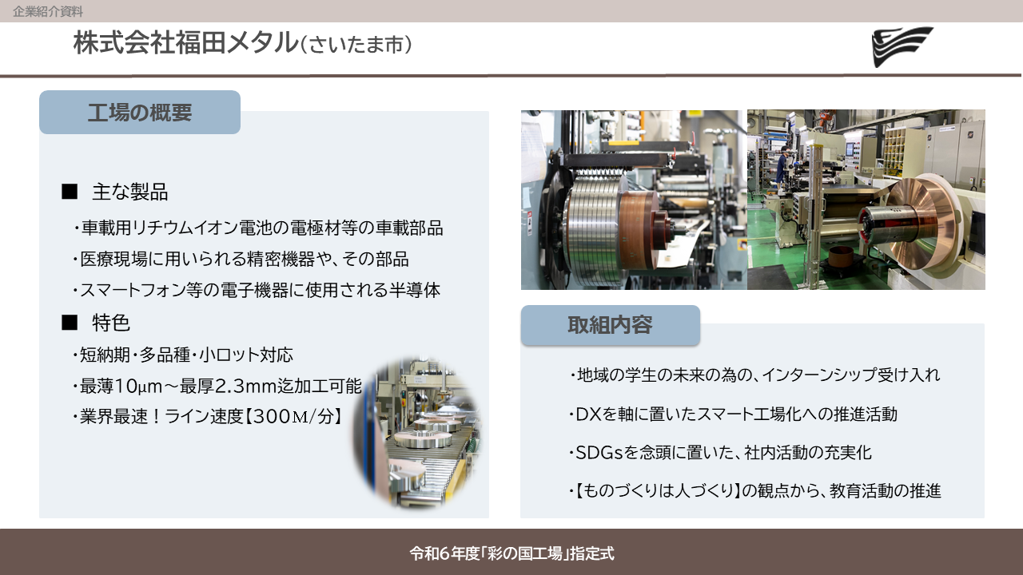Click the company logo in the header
coord(902,46)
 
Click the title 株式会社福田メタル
coord(185,43)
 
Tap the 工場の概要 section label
coord(140,113)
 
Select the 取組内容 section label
coord(610,325)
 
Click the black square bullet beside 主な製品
coord(70,191)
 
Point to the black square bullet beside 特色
coord(70,323)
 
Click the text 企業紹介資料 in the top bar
coord(48,11)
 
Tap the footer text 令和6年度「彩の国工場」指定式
coord(511,553)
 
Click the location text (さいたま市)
coord(356,45)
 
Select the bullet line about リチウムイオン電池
coord(258,228)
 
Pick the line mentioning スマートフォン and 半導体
coord(257,290)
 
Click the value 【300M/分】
coord(293,416)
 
